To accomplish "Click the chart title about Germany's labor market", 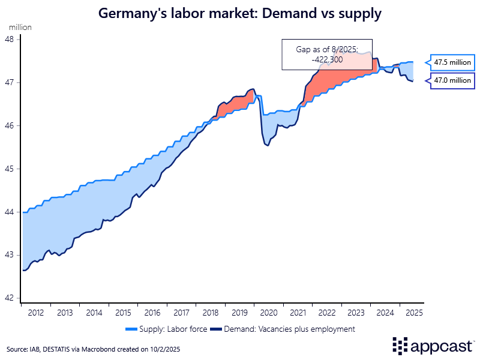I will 240,13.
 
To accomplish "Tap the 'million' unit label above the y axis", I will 20,28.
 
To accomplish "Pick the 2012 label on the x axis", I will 35,313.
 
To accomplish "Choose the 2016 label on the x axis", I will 152,313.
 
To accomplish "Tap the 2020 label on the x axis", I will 268,313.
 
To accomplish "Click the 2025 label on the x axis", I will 413,313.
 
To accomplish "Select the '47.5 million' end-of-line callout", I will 453,62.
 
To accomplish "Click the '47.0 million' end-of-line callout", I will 453,80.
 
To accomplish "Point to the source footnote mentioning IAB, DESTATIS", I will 93,349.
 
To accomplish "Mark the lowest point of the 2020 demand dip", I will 267,146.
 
